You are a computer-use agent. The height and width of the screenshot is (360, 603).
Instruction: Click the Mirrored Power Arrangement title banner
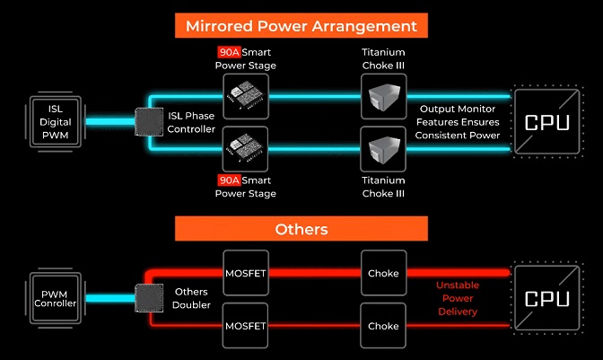301,24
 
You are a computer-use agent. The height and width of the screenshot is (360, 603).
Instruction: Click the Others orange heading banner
301,228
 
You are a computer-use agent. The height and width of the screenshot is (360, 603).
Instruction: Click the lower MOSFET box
246,324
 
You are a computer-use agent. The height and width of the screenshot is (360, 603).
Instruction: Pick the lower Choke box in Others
383,324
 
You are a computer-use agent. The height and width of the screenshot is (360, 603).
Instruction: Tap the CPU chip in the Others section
546,298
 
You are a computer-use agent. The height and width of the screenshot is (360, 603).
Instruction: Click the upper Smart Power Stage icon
246,96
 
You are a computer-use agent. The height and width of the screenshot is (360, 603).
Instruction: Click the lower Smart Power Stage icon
246,149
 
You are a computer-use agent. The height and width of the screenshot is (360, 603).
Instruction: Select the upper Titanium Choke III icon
383,96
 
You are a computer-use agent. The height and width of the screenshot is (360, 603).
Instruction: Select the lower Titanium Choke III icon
383,149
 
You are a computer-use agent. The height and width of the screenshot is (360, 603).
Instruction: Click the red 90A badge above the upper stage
229,51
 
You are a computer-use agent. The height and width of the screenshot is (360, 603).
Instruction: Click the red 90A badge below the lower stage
229,180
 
